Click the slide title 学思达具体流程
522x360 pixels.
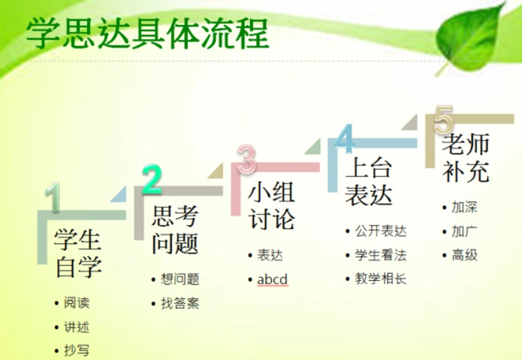147,33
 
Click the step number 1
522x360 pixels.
54,197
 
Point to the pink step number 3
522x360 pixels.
247,160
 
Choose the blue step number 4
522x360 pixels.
344,139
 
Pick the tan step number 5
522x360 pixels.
444,120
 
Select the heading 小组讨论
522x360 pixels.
271,206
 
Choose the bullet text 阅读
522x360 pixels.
77,302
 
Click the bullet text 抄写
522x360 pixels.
77,350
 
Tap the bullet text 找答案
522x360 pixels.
180,303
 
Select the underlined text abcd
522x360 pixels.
272,279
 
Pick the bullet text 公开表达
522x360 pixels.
381,231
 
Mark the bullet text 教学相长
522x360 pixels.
381,278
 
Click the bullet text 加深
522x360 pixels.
464,207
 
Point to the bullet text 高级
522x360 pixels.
464,255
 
